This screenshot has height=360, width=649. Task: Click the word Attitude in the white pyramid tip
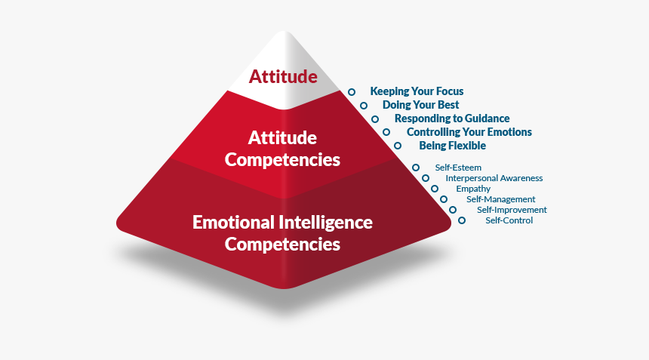click(x=283, y=77)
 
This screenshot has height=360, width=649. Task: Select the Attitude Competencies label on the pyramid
click(x=282, y=149)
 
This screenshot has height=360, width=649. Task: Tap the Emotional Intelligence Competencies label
click(x=282, y=233)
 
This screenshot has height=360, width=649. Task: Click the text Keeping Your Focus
click(x=417, y=91)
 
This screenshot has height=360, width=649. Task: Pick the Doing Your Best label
click(x=420, y=105)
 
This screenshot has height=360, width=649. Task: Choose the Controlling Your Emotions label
click(x=469, y=132)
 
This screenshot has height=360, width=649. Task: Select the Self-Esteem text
click(x=458, y=168)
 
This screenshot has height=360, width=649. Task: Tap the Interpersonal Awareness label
click(x=494, y=178)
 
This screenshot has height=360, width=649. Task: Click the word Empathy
click(x=473, y=189)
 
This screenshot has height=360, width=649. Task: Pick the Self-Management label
click(x=500, y=199)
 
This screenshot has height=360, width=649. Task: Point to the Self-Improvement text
click(x=512, y=210)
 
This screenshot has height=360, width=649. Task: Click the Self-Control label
click(x=509, y=220)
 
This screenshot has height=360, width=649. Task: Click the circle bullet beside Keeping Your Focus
click(x=352, y=92)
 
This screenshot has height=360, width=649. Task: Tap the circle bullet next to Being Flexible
click(x=398, y=145)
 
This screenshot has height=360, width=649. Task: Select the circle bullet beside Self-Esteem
click(x=416, y=167)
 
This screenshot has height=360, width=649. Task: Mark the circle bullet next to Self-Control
click(x=462, y=220)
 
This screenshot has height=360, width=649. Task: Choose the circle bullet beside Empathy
click(x=435, y=189)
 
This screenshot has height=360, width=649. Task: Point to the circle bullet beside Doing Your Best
click(x=364, y=106)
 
